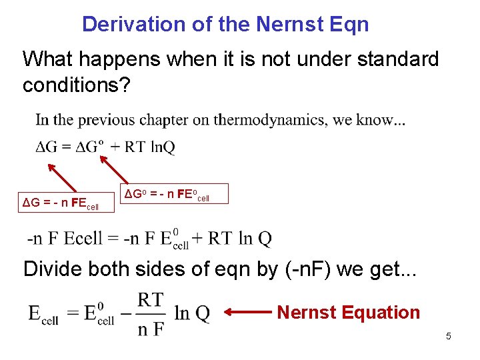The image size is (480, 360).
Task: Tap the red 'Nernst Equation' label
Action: coord(348,312)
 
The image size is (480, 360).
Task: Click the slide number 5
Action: coord(449,336)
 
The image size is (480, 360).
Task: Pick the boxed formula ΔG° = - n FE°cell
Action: coord(175,195)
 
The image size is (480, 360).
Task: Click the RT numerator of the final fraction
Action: coord(151,299)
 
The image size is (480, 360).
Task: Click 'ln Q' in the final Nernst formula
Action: coord(191,313)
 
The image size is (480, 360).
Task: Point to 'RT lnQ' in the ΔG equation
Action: coord(151,148)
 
